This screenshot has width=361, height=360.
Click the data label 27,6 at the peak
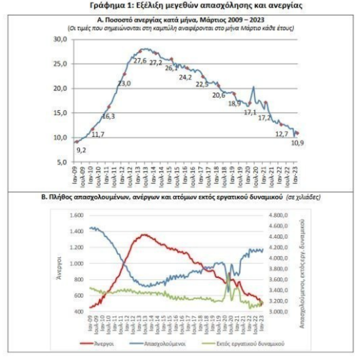pyautogui.click(x=139, y=61)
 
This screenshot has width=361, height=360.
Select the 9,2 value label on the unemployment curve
pyautogui.click(x=82, y=150)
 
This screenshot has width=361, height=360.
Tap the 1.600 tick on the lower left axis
pyautogui.click(x=77, y=216)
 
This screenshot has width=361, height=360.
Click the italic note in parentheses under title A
pyautogui.click(x=180, y=27)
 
